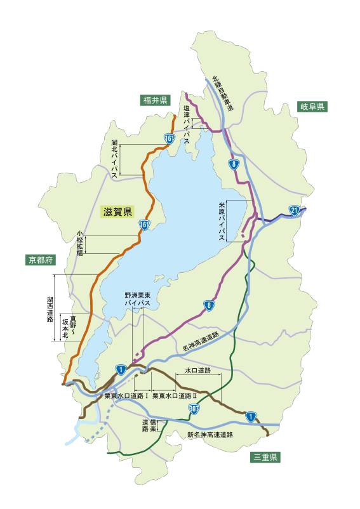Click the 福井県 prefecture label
155,100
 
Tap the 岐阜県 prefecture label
312,107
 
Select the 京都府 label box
42,260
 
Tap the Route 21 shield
293,211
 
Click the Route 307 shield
195,411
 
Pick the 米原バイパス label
222,220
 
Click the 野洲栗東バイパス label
138,300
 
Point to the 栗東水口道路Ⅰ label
126,395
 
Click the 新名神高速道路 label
210,435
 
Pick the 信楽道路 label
149,425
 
